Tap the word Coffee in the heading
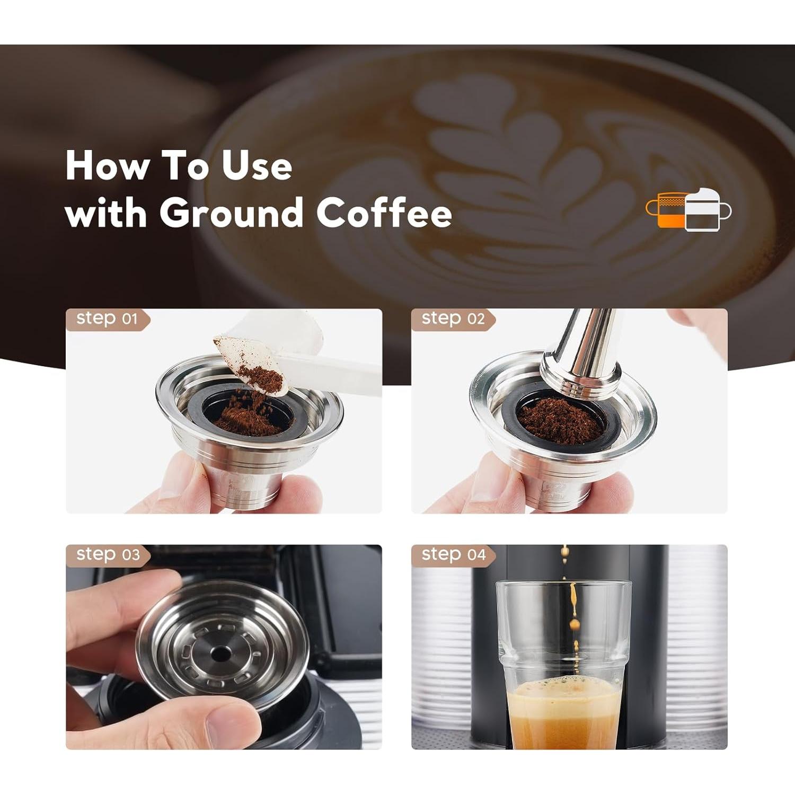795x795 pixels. click(384, 213)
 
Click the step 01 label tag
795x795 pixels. click(107, 319)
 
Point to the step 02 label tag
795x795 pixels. click(453, 319)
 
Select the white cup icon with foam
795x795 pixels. click(705, 211)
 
